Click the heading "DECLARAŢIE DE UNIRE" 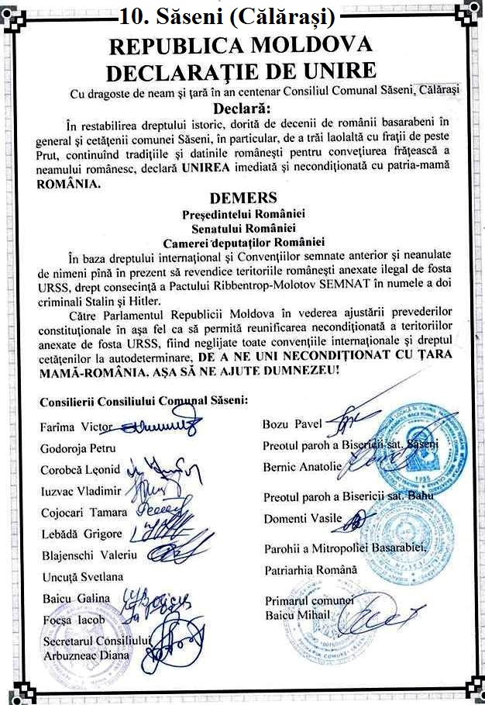(x=241, y=72)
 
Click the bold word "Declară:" (x=242, y=107)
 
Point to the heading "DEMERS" (x=243, y=199)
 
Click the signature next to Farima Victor (x=159, y=425)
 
